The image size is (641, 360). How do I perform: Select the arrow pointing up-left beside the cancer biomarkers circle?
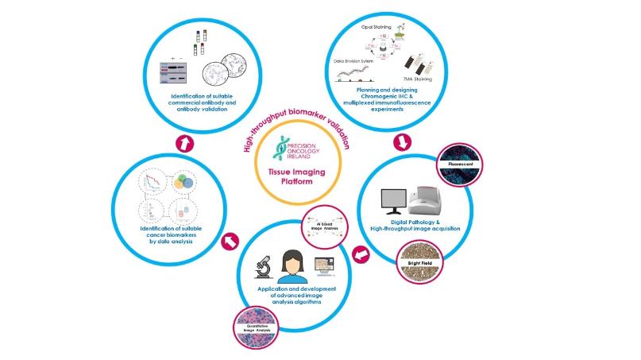coord(232,238)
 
